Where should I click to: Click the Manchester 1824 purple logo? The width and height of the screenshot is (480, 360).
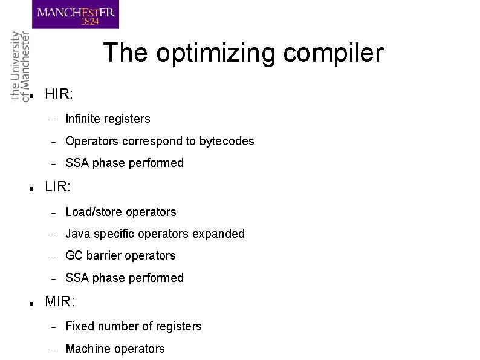coord(76,15)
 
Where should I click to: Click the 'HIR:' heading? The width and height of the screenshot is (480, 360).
coord(59,94)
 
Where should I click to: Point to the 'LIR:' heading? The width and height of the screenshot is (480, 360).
coord(57,187)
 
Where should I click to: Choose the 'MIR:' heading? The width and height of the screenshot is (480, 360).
coord(59,301)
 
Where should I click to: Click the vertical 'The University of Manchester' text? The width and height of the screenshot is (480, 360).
coord(19,67)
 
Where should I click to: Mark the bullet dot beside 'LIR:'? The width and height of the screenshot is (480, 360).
coord(30,189)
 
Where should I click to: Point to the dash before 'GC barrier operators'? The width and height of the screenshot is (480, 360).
coord(53,257)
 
